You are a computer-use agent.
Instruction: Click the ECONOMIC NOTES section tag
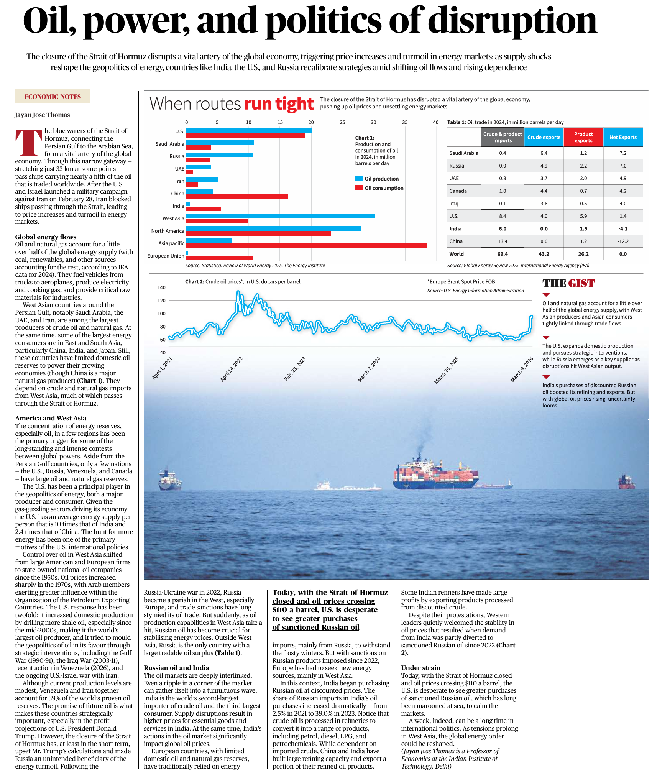click(53, 97)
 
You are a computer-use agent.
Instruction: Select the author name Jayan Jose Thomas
click(42, 115)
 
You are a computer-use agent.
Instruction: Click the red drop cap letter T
click(29, 143)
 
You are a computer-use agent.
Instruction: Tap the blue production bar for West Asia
click(280, 216)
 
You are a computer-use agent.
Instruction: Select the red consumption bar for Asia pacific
click(306, 246)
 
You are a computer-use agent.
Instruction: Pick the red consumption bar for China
click(236, 197)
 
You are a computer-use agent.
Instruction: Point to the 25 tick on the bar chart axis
click(342, 122)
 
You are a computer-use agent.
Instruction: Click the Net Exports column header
click(622, 137)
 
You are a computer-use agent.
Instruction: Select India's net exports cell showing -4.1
click(622, 229)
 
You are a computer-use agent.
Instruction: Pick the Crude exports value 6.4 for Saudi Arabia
click(544, 153)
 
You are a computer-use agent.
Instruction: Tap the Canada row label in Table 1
click(458, 191)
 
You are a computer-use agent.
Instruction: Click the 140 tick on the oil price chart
click(161, 287)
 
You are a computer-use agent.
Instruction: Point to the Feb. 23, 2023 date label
click(295, 368)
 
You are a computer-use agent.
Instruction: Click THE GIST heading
click(568, 283)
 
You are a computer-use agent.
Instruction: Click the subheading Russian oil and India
click(176, 668)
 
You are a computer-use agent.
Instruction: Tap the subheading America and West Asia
click(51, 418)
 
